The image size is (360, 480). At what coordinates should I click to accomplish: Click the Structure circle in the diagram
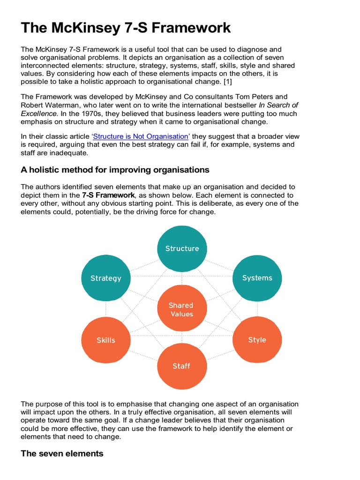(x=182, y=249)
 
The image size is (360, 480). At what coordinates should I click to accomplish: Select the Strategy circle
(x=106, y=278)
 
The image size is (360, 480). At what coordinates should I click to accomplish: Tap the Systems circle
(x=257, y=278)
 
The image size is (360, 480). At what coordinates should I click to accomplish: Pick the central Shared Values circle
(x=181, y=309)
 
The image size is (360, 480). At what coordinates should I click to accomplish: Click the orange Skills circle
(x=106, y=340)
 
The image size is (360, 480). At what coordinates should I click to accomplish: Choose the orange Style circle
(x=257, y=340)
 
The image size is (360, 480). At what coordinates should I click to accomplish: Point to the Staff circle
(x=181, y=366)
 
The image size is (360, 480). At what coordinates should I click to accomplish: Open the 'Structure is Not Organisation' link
(x=141, y=136)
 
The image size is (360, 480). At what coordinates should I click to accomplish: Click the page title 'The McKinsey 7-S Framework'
(x=126, y=28)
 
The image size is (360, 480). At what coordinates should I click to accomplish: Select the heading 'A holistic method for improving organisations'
(x=115, y=169)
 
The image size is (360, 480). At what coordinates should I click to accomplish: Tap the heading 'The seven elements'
(x=62, y=453)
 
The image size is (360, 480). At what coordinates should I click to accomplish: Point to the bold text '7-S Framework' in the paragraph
(x=109, y=195)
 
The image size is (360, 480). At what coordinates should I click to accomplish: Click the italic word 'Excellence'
(x=39, y=114)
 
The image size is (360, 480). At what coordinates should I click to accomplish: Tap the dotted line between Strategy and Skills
(x=106, y=309)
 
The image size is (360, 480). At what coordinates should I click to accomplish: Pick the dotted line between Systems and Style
(x=257, y=309)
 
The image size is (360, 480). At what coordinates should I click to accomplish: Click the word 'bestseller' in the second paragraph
(x=238, y=105)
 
